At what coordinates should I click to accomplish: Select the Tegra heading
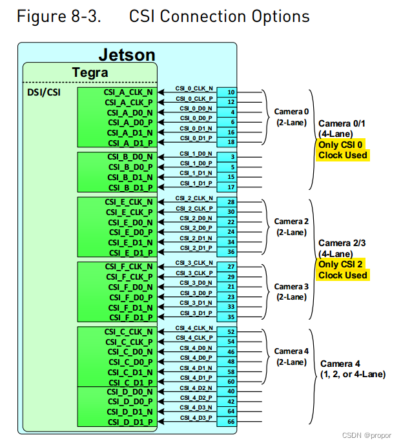[90, 72]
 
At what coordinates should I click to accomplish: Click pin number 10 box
[231, 92]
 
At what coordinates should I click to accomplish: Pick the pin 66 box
[231, 422]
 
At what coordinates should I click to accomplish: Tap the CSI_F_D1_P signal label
[130, 317]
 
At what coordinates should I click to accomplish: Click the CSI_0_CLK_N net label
[194, 88]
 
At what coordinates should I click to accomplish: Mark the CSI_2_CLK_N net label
[194, 198]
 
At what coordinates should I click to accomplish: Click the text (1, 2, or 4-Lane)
[353, 374]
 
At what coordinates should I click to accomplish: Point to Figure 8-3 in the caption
[58, 16]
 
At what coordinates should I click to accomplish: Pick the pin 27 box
[231, 266]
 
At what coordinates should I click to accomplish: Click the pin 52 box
[231, 331]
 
